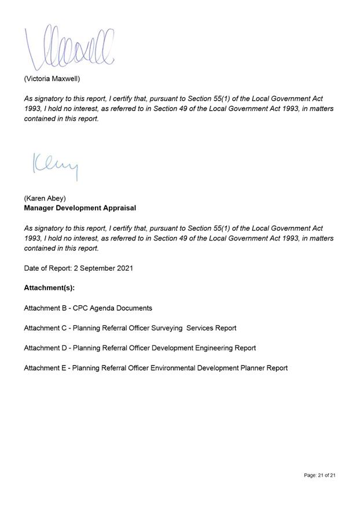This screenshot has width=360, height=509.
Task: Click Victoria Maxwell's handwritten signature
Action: (x=69, y=45)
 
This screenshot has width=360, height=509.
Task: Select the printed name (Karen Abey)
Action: (x=45, y=198)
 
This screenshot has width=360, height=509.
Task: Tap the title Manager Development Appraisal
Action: (x=80, y=208)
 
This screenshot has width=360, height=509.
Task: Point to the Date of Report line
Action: (x=78, y=268)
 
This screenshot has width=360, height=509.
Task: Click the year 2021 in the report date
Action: (x=124, y=268)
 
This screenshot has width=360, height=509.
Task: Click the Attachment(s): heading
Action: (x=49, y=287)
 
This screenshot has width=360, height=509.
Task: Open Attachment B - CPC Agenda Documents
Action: (x=88, y=308)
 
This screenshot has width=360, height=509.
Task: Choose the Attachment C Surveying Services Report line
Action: (x=130, y=328)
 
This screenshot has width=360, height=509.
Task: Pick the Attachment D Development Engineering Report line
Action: (x=139, y=348)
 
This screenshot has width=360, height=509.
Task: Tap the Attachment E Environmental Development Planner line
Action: (x=156, y=368)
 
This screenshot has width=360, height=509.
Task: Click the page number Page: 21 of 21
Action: (x=319, y=475)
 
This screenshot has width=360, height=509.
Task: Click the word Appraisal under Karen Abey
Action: (x=120, y=208)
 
